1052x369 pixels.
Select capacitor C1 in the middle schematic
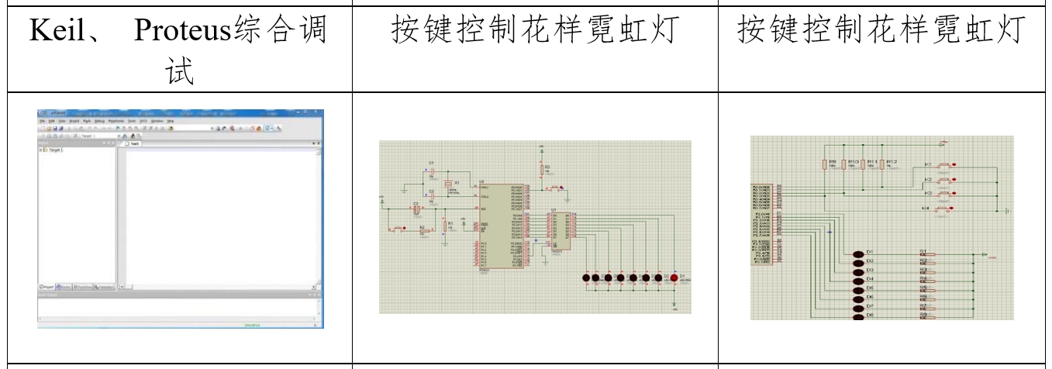point(432,169)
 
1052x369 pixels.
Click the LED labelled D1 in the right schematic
point(858,253)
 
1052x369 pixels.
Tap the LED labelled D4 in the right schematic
point(858,279)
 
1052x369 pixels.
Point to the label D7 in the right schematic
point(870,306)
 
